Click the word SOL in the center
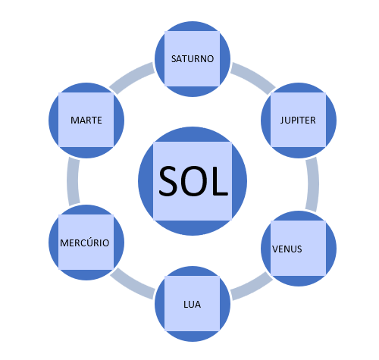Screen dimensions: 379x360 point(193,181)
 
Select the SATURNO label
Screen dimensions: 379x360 point(193,59)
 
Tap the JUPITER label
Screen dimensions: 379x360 point(298,121)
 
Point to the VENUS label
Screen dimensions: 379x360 point(287,249)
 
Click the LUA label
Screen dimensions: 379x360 point(193,305)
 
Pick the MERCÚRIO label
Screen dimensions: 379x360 point(85,243)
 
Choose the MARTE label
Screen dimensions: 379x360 point(86,121)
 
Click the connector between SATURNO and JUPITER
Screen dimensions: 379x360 point(253,76)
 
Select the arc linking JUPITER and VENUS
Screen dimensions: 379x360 point(313,184)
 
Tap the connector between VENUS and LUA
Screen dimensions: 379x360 point(252,287)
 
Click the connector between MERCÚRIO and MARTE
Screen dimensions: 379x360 point(73,181)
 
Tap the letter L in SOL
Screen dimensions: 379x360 point(221,181)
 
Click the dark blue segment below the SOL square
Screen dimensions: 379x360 point(193,227)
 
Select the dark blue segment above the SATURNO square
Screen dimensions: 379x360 point(193,27)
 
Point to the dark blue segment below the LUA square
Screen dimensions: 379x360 point(193,337)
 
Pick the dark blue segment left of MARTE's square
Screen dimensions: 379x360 point(54,121)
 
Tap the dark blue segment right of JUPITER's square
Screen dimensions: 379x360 point(331,121)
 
